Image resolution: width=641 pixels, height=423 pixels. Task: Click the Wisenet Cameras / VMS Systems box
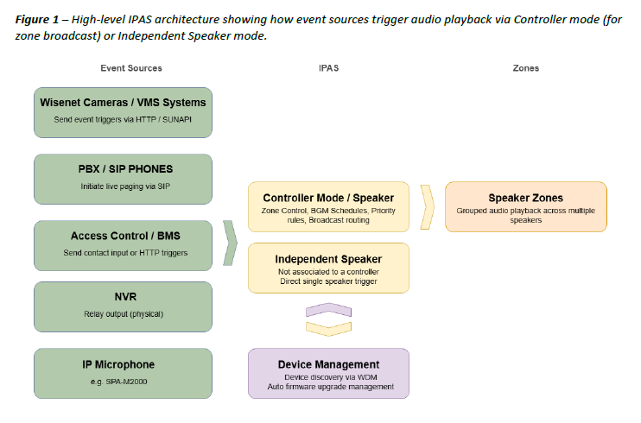[123, 111]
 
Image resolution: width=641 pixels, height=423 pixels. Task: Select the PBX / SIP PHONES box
[123, 179]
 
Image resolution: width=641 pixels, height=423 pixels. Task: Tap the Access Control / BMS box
[123, 244]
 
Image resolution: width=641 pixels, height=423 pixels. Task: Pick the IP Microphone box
[123, 373]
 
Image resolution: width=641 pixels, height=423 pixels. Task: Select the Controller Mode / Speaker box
[328, 206]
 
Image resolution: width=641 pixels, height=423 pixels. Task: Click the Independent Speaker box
[328, 268]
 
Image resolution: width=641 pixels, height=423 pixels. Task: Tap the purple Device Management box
[328, 373]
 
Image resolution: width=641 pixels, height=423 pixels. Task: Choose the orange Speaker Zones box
[525, 206]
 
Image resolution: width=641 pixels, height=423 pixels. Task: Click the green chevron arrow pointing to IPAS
[230, 243]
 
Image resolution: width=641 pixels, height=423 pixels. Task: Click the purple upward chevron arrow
[328, 310]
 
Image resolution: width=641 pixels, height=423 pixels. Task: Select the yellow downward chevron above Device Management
[328, 327]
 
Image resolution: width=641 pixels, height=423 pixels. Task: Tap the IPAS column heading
[328, 68]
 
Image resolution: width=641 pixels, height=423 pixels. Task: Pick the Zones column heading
[525, 68]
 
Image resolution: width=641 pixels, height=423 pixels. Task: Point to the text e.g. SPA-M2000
[123, 381]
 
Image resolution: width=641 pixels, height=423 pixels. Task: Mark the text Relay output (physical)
[123, 314]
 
